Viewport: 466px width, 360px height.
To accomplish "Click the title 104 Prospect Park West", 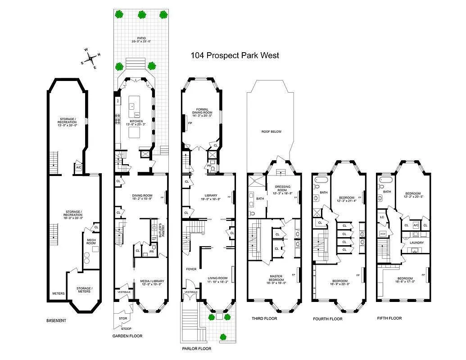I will coord(235,55).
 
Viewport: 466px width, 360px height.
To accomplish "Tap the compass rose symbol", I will coord(91,58).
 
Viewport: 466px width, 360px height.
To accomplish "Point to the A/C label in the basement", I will coord(78,167).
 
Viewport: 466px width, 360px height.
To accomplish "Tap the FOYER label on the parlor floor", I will coord(191,269).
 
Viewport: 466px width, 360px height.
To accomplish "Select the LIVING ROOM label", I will coord(217,280).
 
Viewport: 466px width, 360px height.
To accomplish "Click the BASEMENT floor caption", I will coord(56,321).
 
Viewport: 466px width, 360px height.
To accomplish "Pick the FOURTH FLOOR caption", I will coord(327,319).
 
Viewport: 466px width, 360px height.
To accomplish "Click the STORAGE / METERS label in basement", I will coord(84,290).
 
